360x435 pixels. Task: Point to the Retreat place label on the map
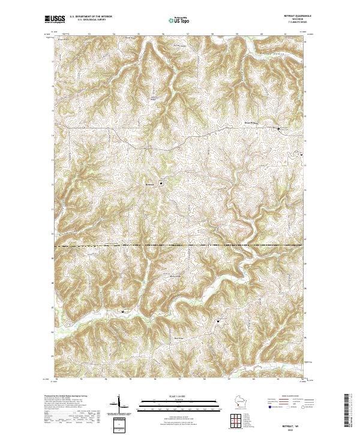point(150,184)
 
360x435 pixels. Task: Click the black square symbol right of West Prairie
point(278,128)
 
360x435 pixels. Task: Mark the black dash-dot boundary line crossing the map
point(180,245)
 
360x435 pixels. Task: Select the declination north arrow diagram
point(118,405)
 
